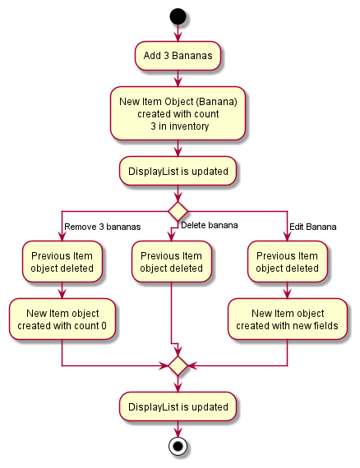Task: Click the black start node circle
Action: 178,16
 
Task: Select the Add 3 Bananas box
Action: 178,55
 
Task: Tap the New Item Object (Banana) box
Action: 178,113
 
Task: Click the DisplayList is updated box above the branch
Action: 178,172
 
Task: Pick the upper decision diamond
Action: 178,210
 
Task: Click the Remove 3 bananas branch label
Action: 102,227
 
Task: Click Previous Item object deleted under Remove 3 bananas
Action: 62,262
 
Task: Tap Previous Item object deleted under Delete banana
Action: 171,262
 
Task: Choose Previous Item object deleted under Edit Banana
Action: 288,262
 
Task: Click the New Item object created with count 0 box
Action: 62,319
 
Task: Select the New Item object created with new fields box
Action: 288,319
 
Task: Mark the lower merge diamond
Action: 178,365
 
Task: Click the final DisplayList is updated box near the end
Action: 178,406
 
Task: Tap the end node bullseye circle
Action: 178,447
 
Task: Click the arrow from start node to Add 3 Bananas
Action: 178,33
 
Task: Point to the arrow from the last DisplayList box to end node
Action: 178,427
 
